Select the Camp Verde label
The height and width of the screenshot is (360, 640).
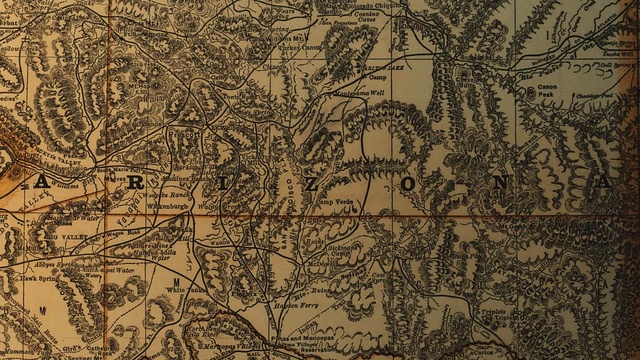tap(333, 204)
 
